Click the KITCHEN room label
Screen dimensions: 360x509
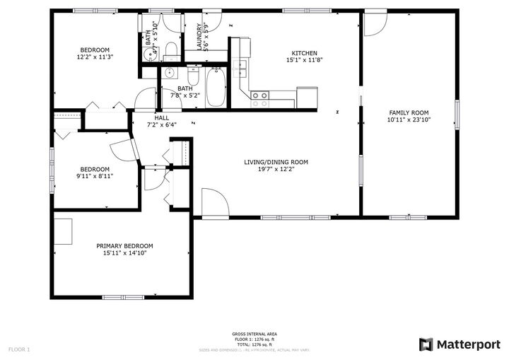[x=305, y=53]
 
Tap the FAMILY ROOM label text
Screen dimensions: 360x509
[x=409, y=112]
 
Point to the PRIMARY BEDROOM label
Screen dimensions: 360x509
[x=124, y=245]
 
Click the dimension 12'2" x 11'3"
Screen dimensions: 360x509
[x=95, y=57]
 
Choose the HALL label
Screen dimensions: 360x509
[x=161, y=117]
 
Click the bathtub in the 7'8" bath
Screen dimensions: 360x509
[x=216, y=88]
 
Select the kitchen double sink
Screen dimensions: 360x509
[x=241, y=68]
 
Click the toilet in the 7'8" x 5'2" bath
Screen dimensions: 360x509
[x=194, y=74]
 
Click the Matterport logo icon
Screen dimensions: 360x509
[x=426, y=344]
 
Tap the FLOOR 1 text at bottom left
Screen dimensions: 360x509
[x=19, y=349]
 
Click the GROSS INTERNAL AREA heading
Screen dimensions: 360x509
[x=254, y=334]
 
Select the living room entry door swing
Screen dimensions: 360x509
[x=214, y=202]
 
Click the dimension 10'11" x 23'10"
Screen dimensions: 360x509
[x=409, y=120]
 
